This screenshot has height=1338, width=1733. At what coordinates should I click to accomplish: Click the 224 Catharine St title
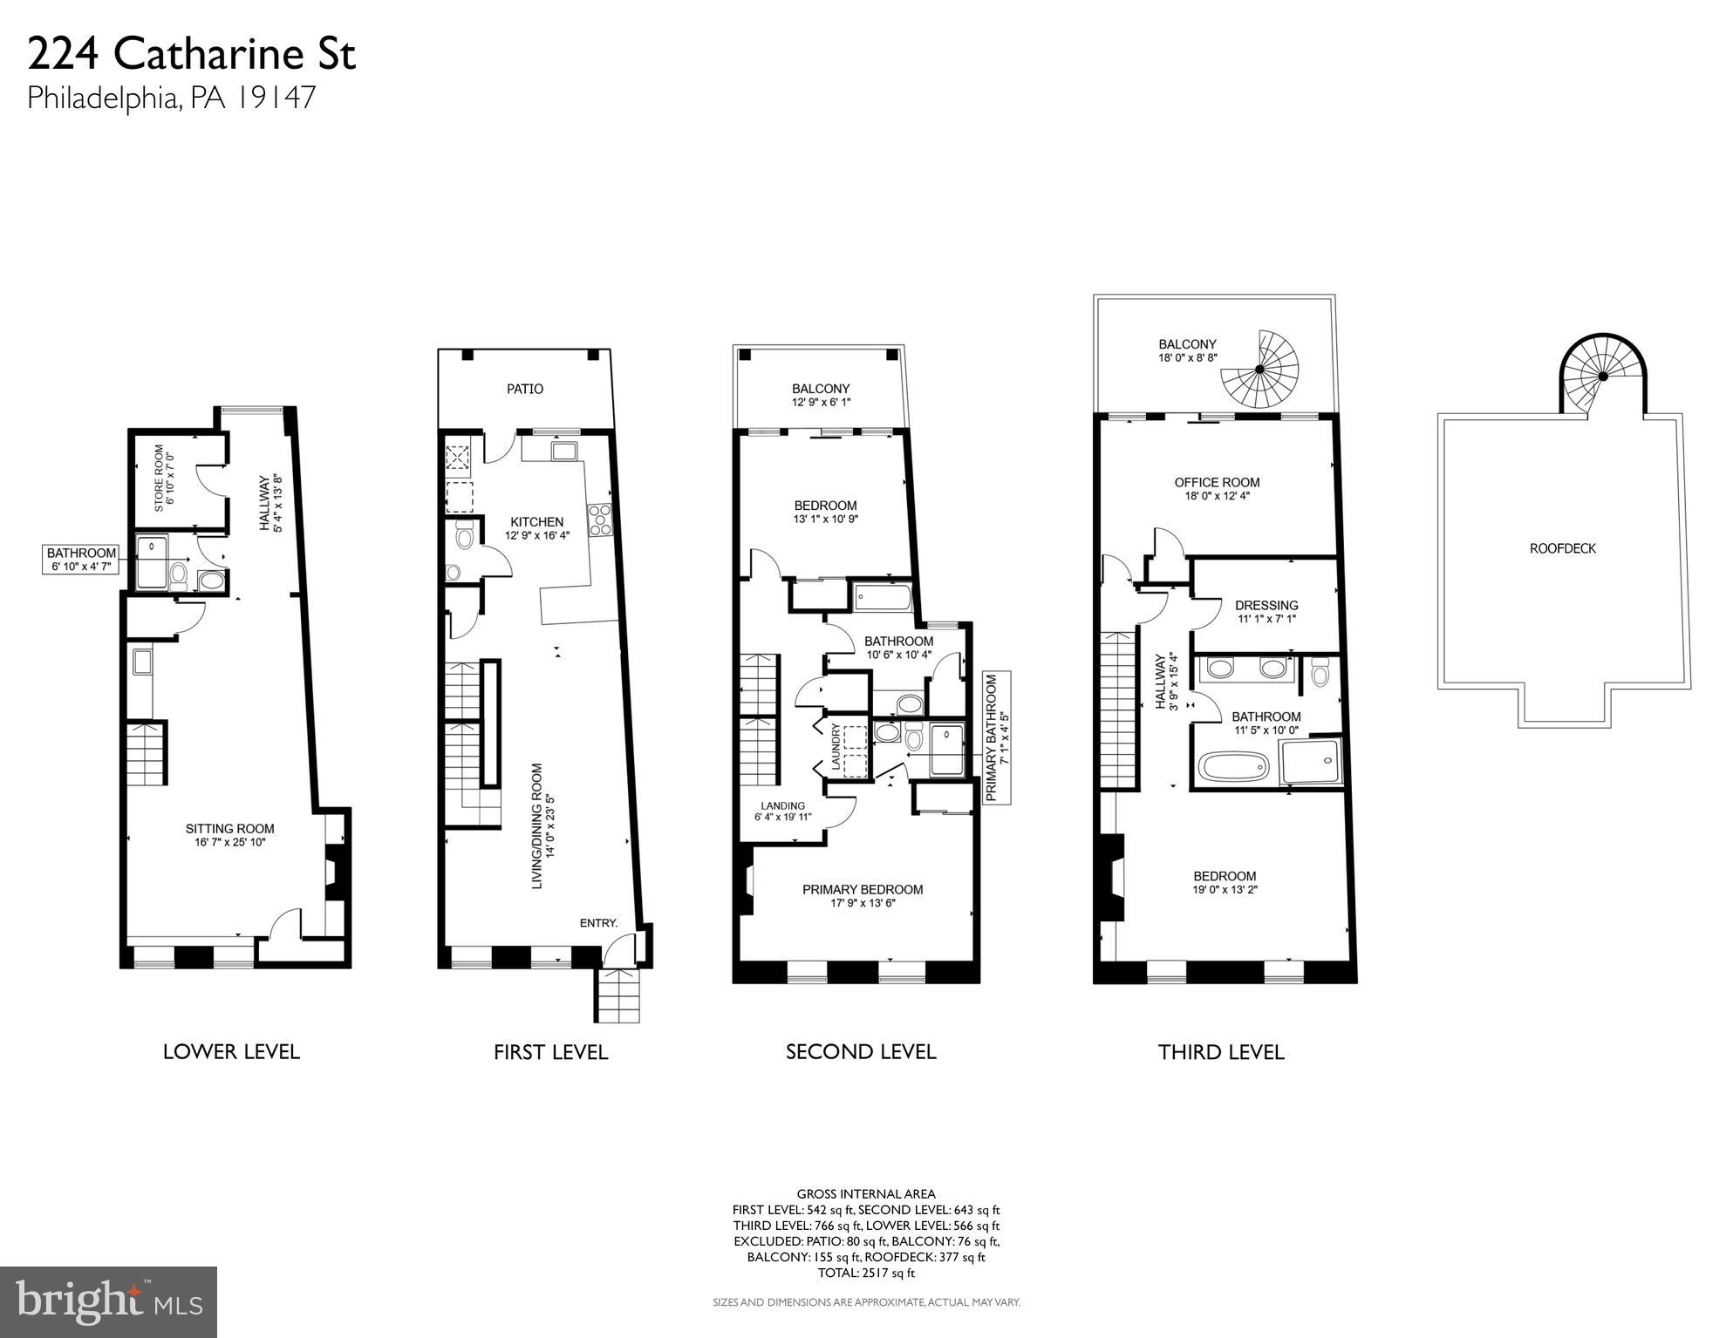tap(191, 55)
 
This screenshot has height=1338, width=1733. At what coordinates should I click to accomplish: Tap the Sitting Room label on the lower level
tap(229, 835)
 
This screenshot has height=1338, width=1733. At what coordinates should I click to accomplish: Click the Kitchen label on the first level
tap(536, 528)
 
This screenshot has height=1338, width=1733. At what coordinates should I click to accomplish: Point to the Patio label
tap(525, 389)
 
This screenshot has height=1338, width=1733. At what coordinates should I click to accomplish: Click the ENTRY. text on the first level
tap(598, 923)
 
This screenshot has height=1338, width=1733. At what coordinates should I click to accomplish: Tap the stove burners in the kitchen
tap(599, 520)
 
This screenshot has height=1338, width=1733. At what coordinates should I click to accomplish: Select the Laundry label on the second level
tap(836, 748)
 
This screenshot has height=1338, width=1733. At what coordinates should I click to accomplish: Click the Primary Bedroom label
tap(863, 895)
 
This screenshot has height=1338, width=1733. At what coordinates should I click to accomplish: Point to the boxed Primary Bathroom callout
tap(997, 737)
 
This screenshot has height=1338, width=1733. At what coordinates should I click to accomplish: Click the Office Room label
tap(1217, 488)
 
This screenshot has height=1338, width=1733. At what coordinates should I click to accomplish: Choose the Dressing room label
tap(1266, 611)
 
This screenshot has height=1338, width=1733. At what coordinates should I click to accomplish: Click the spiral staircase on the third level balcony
tap(1260, 370)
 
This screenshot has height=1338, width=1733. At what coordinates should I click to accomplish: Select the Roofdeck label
tap(1562, 548)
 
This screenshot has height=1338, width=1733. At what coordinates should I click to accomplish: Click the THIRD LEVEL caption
tap(1221, 1052)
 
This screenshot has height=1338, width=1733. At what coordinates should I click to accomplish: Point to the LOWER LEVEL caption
tap(231, 1052)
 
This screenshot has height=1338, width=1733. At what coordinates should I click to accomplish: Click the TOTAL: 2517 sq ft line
tap(865, 1273)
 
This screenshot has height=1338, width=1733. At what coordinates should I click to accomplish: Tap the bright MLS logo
tap(108, 1301)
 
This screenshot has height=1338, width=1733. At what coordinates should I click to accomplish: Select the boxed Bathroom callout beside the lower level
tap(81, 560)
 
